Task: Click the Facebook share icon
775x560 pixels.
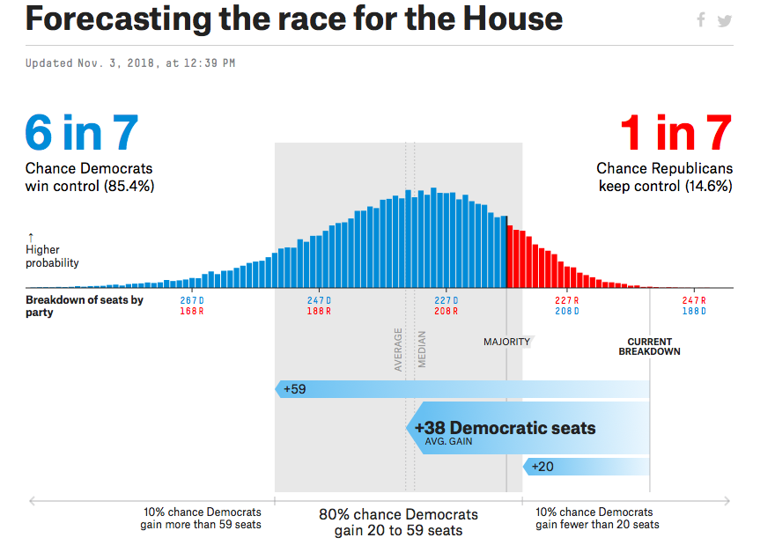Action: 701,20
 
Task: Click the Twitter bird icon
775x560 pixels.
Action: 724,20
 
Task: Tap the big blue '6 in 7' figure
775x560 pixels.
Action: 82,134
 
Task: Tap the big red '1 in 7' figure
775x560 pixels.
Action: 675,134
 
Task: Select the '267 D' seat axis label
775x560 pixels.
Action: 193,300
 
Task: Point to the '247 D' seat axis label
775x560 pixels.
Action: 319,300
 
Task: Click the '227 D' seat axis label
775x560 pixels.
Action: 446,300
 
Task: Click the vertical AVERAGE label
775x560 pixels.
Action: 398,350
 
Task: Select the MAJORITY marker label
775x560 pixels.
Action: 506,342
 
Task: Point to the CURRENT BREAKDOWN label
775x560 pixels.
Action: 649,347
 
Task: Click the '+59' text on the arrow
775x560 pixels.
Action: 295,388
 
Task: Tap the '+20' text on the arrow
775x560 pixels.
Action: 542,466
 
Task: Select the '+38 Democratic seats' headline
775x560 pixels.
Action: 505,429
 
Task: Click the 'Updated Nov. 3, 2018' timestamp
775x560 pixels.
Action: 130,63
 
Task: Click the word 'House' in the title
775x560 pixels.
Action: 508,19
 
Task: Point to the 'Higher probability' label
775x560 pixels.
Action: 52,256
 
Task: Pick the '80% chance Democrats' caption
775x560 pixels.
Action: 398,514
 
